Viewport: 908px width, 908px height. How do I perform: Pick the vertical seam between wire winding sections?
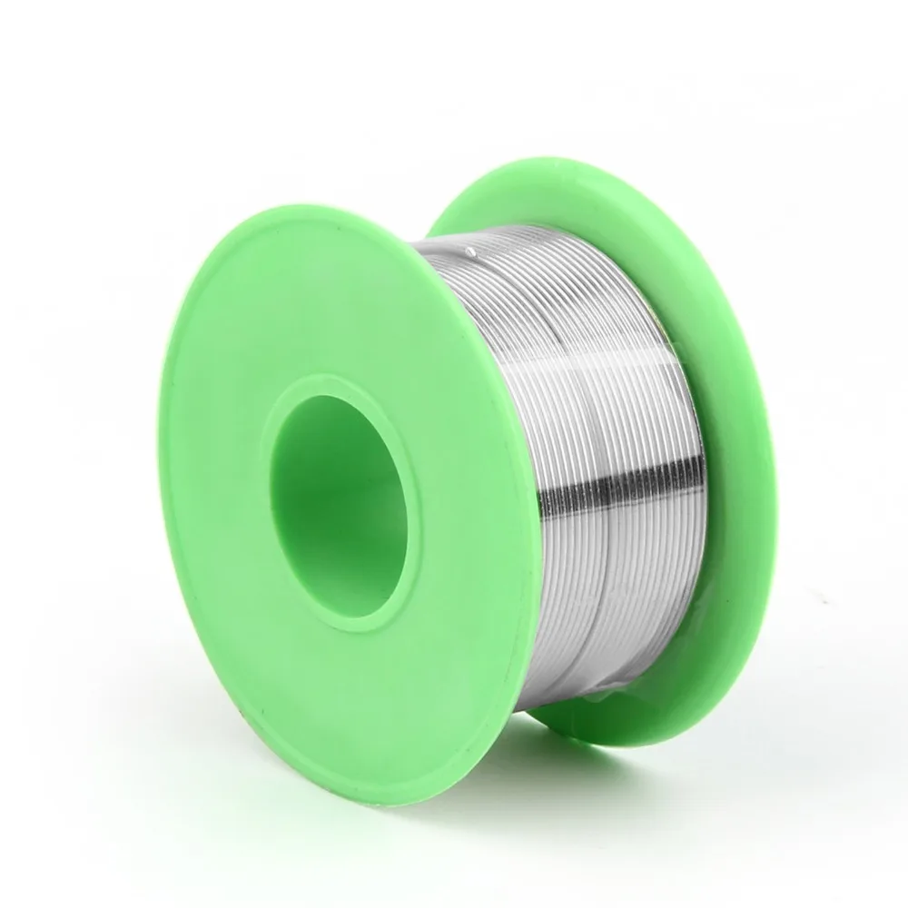coord(586,454)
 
